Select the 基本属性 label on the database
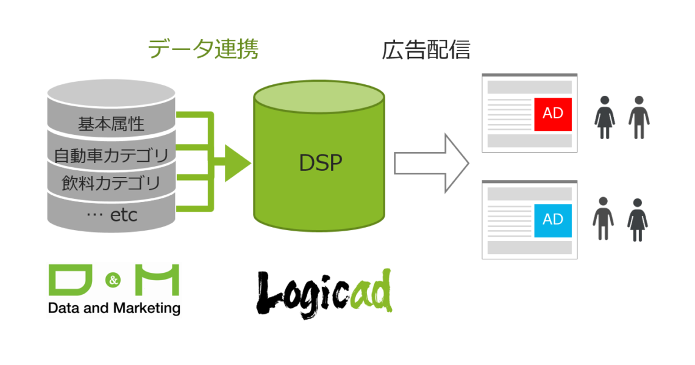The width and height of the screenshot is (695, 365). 111,124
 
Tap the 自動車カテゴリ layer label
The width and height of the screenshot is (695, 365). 111,155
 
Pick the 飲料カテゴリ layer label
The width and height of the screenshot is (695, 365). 111,183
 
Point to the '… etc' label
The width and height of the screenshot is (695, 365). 111,215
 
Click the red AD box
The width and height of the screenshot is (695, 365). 552,114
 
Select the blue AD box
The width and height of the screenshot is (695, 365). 552,220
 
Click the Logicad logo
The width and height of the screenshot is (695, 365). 323,295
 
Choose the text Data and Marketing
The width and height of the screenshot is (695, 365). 114,308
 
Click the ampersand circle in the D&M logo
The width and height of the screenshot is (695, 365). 114,281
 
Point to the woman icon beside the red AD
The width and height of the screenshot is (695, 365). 604,117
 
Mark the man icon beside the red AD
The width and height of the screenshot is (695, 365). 639,117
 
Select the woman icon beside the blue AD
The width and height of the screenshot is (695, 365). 638,219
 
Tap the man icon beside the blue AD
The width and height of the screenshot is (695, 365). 604,218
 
